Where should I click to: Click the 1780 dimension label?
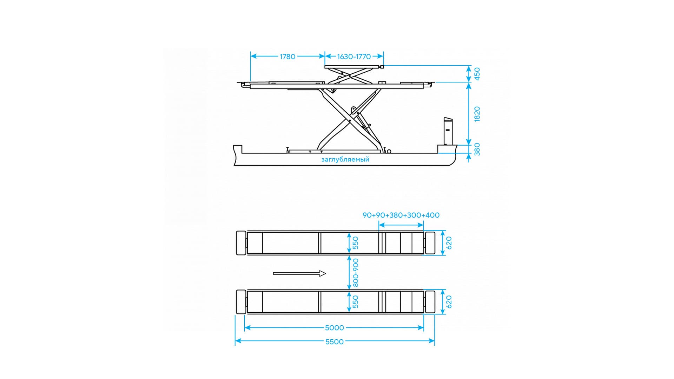click(288, 56)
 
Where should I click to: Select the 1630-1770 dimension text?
click(354, 56)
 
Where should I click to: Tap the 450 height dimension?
click(477, 74)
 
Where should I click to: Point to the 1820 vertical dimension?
click(477, 114)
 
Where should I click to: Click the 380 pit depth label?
click(477, 149)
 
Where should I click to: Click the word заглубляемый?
click(345, 160)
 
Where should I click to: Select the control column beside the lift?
click(448, 131)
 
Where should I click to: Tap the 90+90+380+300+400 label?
click(401, 215)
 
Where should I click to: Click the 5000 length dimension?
click(334, 328)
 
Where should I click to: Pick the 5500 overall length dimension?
click(334, 342)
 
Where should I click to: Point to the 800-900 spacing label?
click(356, 273)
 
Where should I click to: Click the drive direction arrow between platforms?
click(299, 273)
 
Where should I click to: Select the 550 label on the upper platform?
click(356, 243)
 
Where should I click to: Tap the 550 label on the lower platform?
click(356, 302)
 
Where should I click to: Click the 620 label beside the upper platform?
click(449, 243)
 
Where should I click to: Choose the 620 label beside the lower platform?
click(449, 302)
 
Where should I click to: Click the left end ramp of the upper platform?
click(241, 243)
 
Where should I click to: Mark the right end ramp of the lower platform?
click(430, 302)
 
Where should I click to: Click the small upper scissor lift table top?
click(353, 67)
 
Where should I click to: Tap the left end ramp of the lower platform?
click(241, 302)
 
